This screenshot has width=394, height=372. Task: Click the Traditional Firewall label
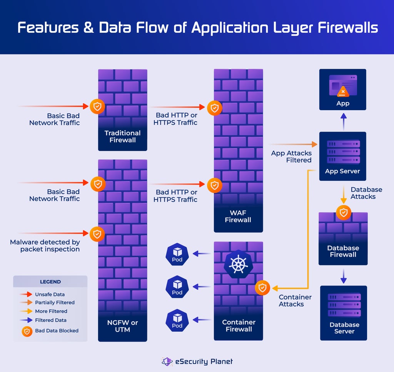(x=122, y=137)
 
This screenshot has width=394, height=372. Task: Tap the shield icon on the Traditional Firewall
(x=97, y=107)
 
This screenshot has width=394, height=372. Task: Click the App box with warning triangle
(x=342, y=89)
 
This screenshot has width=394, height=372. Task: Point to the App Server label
(x=342, y=171)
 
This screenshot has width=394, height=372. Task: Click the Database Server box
(x=344, y=313)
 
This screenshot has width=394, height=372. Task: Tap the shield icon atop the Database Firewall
(x=343, y=212)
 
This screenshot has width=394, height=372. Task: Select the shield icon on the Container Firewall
(x=262, y=288)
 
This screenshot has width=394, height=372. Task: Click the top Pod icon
(x=177, y=254)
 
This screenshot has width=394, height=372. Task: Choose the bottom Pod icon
(x=177, y=320)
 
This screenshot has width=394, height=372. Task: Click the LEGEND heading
(x=50, y=281)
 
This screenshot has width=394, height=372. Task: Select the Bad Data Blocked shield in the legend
(x=27, y=331)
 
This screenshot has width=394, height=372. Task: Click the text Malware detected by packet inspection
(x=45, y=246)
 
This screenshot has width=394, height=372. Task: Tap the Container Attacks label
(x=295, y=301)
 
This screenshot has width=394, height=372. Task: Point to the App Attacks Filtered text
(x=291, y=157)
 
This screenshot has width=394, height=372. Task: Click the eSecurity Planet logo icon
(x=167, y=362)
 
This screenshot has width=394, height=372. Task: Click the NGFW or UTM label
(x=122, y=326)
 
